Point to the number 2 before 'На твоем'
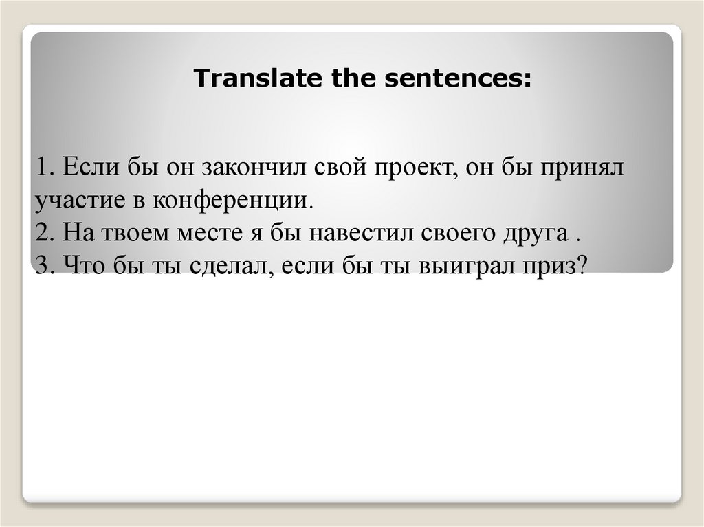pos(42,234)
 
